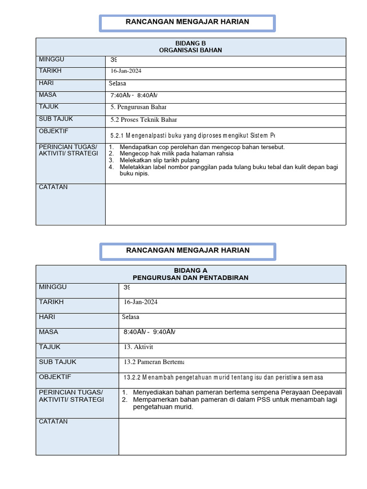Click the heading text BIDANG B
pyautogui.click(x=191, y=43)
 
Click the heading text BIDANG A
pyautogui.click(x=191, y=270)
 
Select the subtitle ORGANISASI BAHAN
pyautogui.click(x=191, y=50)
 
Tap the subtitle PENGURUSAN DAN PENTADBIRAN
pyautogui.click(x=191, y=277)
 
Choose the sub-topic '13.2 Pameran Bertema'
pyautogui.click(x=153, y=362)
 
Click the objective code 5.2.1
pyautogui.click(x=117, y=135)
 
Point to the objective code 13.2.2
pyautogui.click(x=132, y=377)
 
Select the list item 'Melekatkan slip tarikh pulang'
pyautogui.click(x=160, y=160)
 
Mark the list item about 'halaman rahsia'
pyautogui.click(x=177, y=154)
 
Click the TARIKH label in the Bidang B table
pyautogui.click(x=50, y=71)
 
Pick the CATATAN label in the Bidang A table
pyautogui.click(x=54, y=422)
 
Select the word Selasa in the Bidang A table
pyautogui.click(x=130, y=317)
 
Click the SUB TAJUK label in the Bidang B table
pyautogui.click(x=56, y=119)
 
